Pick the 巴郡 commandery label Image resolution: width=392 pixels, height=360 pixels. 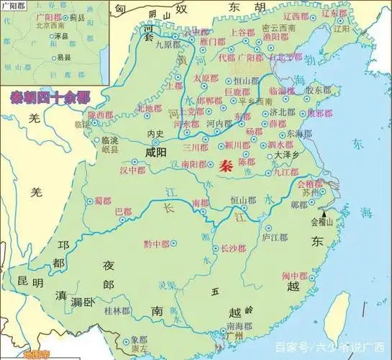(124, 211)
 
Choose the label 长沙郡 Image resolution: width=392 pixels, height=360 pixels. (233, 249)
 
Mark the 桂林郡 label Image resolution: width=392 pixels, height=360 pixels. (116, 311)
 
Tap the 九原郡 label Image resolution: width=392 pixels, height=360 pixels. (167, 44)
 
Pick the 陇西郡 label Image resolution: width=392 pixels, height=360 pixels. (101, 114)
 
